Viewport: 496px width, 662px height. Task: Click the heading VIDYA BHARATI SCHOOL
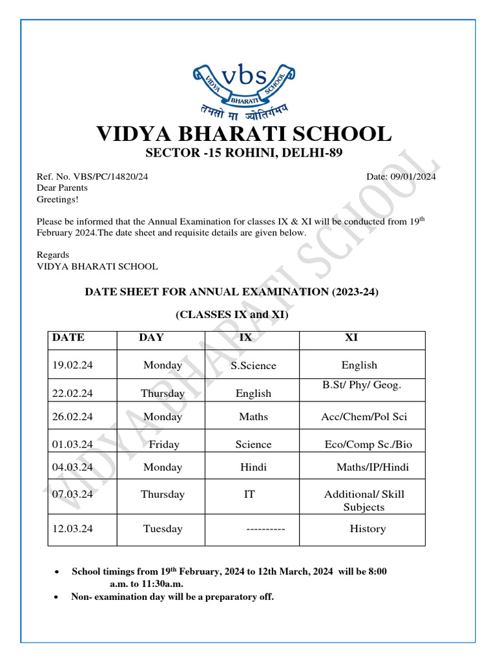244,134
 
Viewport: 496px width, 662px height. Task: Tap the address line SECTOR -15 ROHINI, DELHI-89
243,153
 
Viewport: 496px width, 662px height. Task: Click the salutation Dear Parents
62,188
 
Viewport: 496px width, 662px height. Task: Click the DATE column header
68,337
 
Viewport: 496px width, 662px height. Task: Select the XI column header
351,337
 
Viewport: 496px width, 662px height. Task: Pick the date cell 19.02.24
73,365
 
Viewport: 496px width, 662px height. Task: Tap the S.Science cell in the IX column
253,366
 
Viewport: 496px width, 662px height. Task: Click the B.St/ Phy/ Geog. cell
362,385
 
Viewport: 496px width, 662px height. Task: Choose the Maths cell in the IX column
253,417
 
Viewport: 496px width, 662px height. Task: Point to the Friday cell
164,445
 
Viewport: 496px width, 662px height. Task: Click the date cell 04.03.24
73,467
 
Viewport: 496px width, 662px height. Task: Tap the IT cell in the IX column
249,495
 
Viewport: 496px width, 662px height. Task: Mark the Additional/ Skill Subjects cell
364,501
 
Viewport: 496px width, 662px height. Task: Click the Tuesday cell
163,529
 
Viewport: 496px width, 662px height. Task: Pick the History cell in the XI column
367,529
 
